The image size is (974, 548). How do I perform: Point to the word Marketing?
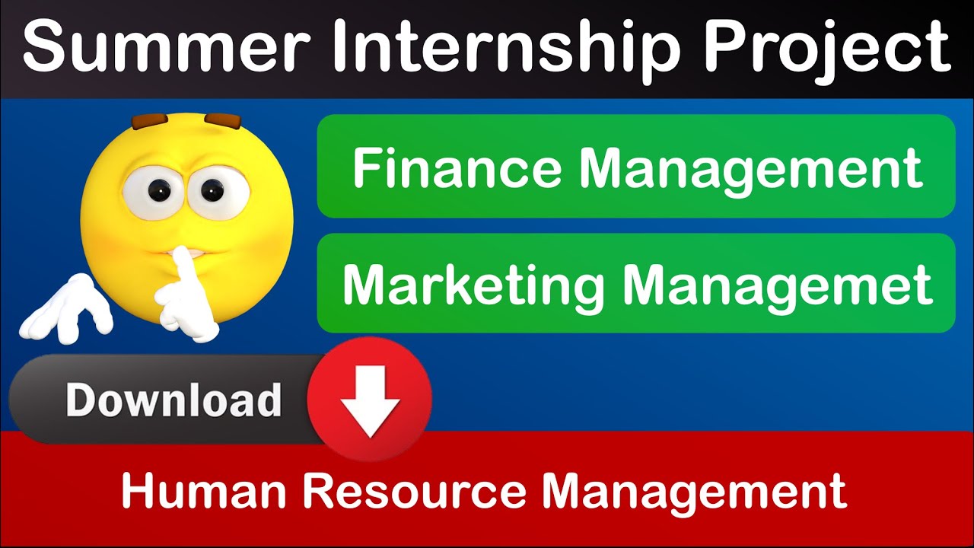(x=473, y=285)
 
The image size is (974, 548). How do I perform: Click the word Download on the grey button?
(x=173, y=400)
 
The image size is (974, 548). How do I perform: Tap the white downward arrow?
(x=370, y=400)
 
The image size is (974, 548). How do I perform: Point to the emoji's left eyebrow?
(x=148, y=121)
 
